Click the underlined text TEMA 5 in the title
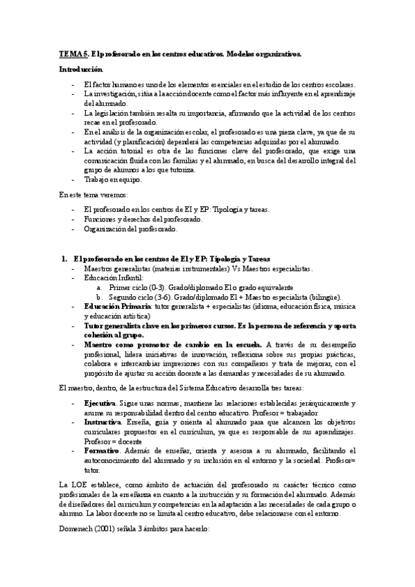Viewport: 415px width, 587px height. (73, 53)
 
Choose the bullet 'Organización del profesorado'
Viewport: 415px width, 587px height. (131, 228)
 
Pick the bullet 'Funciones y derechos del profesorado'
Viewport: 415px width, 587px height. (143, 219)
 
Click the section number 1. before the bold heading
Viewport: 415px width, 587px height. (65, 258)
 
